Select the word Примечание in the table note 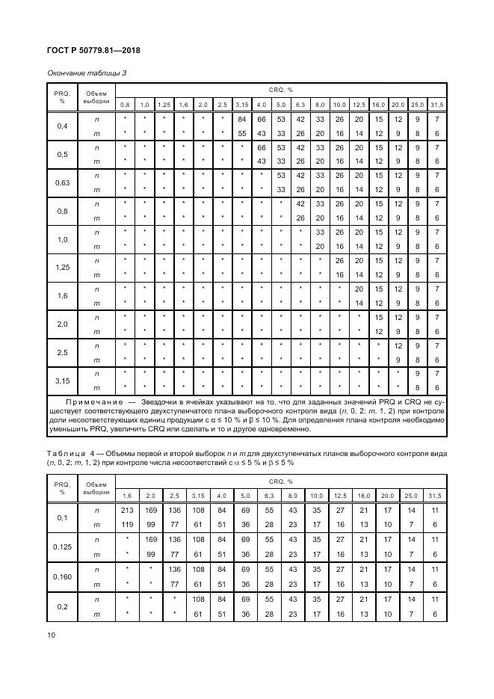pyautogui.click(x=81, y=402)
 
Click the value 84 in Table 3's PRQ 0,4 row pyautogui.click(x=241, y=120)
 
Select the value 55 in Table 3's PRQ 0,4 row pyautogui.click(x=241, y=133)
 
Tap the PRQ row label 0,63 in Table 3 pyautogui.click(x=63, y=182)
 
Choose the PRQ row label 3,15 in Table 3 pyautogui.click(x=63, y=381)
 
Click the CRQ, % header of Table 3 pyautogui.click(x=280, y=89)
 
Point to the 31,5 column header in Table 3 pyautogui.click(x=436, y=104)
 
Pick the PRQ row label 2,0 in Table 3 pyautogui.click(x=63, y=324)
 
